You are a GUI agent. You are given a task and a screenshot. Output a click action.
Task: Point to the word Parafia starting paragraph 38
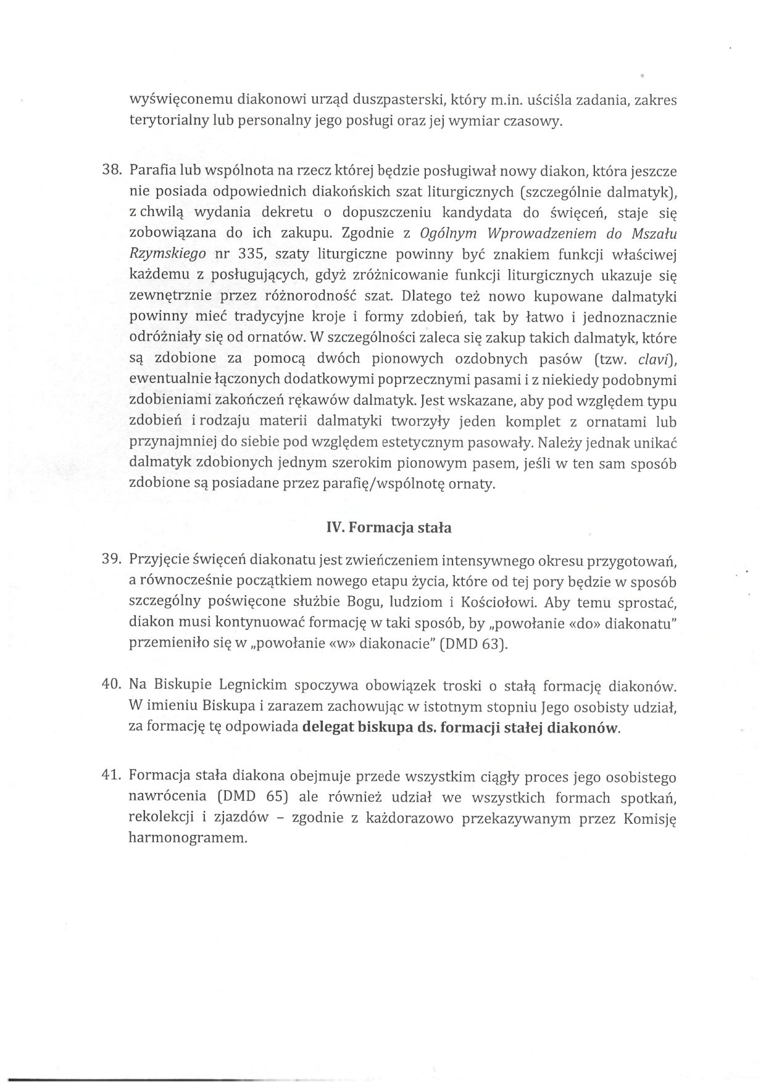[x=150, y=170]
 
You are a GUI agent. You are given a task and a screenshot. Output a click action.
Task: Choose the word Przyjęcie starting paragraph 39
[x=157, y=560]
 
